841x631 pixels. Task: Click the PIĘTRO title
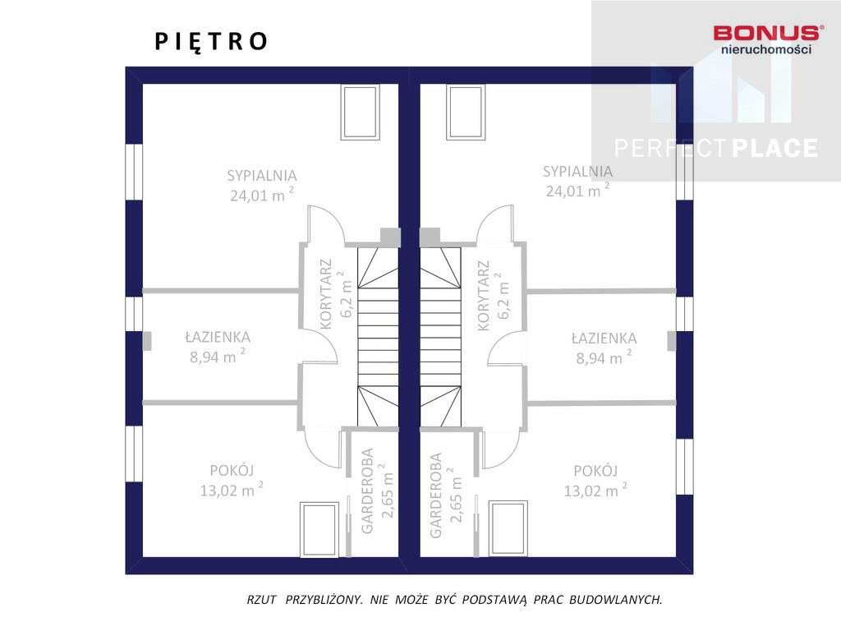point(211,41)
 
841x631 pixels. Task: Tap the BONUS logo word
point(768,33)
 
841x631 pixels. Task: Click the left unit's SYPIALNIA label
point(262,176)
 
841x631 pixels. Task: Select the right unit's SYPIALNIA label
point(577,171)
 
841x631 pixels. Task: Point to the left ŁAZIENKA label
point(218,337)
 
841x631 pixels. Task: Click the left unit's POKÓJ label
point(232,471)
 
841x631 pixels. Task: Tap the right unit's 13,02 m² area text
point(595,490)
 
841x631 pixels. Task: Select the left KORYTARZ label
point(326,294)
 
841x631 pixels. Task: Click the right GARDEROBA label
point(435,495)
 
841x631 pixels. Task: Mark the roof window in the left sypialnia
point(361,112)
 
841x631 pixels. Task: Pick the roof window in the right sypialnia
point(466,112)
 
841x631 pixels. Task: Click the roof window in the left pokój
point(319,530)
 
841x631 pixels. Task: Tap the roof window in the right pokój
point(508,528)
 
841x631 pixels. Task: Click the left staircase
point(378,337)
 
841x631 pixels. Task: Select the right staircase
point(440,337)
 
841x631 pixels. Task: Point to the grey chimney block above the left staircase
point(390,237)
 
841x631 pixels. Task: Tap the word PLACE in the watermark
point(775,148)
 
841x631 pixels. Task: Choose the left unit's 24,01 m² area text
point(262,195)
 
